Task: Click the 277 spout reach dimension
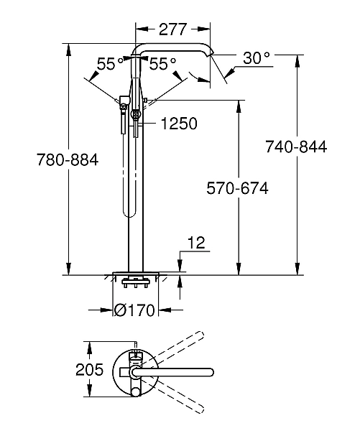pyautogui.click(x=172, y=29)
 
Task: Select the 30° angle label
pyautogui.click(x=256, y=58)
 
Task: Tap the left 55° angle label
pyautogui.click(x=111, y=64)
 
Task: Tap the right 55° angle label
pyautogui.click(x=162, y=64)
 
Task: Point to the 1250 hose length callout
pyautogui.click(x=179, y=124)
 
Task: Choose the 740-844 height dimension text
pyautogui.click(x=295, y=147)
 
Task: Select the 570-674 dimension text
pyautogui.click(x=236, y=189)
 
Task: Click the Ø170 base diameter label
pyautogui.click(x=137, y=310)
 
